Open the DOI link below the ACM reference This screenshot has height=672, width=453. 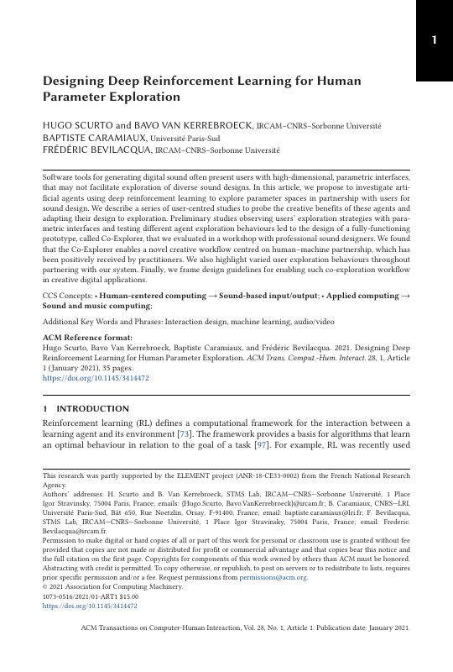tap(95, 379)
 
